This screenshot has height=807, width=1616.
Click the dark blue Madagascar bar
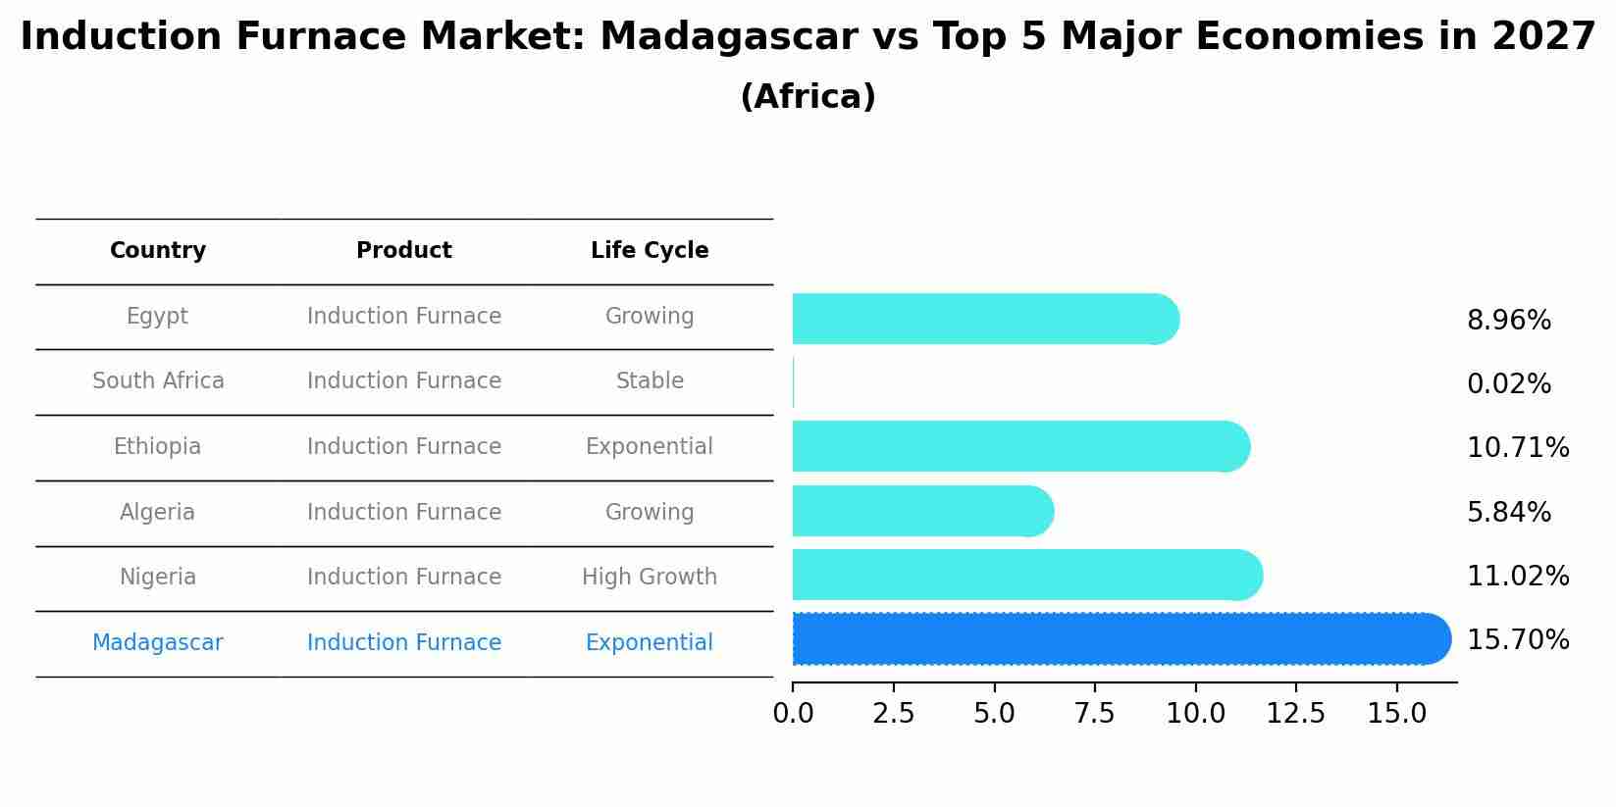(1119, 639)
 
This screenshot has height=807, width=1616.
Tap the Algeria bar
(922, 511)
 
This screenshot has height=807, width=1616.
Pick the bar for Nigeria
(1026, 576)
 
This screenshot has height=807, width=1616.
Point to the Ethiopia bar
(1020, 447)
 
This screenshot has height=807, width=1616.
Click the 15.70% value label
(1517, 640)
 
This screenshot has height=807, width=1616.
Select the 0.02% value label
(1508, 384)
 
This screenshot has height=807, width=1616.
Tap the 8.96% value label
(1508, 321)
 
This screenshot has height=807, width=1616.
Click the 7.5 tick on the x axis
(1094, 714)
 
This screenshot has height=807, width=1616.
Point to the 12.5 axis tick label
(1295, 714)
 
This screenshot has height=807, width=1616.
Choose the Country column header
(157, 251)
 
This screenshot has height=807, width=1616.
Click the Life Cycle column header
(649, 251)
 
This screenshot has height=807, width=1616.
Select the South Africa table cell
(158, 381)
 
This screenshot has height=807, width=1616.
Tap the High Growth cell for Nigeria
(649, 578)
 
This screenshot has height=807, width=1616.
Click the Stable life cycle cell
(649, 381)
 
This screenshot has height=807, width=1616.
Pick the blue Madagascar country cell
(157, 643)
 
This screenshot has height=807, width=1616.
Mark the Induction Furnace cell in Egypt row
(403, 317)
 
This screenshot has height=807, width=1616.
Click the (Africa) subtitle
(808, 97)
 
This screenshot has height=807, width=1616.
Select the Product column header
(403, 251)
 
